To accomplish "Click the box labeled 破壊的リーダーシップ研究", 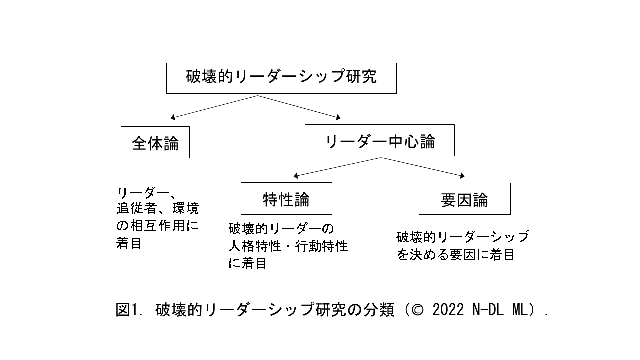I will pos(281,78).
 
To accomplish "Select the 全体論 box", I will pos(155,143).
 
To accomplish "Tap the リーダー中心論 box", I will pos(380,141).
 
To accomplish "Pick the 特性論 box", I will pos(286,199).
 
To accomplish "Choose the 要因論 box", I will pos(464,199).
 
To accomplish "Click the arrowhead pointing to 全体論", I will pos(173,118).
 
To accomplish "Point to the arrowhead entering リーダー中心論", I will pos(338,118).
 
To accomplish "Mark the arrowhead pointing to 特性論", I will pos(296,176).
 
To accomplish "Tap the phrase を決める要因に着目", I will pos(456,255).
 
